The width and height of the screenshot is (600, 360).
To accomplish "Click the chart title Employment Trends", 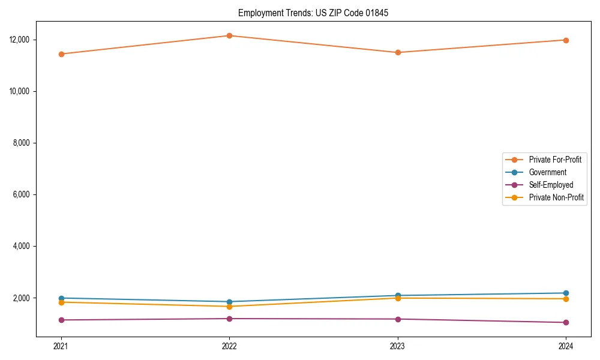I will coord(313,13).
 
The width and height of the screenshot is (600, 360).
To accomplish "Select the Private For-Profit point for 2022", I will coord(229,35).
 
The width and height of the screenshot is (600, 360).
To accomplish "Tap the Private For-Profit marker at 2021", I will coord(61,54).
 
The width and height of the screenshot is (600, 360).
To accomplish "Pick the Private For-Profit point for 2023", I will coord(398,52).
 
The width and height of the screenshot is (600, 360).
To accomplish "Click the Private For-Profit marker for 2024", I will coord(566,40).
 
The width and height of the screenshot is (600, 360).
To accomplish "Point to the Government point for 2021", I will coord(61,298).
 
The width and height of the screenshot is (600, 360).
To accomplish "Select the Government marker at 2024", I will coord(566,293).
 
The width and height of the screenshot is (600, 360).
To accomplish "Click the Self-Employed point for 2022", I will coord(229,319).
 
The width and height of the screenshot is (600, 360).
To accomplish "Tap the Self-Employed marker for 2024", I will coord(566,322).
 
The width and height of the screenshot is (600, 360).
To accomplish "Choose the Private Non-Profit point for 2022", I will coord(229,307).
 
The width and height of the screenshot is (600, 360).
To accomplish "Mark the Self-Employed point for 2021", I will coord(61,320).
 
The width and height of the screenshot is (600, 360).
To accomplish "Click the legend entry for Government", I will coord(547,172).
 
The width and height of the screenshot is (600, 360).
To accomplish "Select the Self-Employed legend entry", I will coord(551,185).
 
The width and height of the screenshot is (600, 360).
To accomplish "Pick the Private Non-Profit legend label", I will coord(556,197).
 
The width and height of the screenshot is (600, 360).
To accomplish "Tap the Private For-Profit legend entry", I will coord(555,160).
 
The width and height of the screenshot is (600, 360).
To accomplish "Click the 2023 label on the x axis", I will coord(398,346).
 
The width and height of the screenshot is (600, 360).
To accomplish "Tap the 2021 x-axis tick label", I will coord(61,346).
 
